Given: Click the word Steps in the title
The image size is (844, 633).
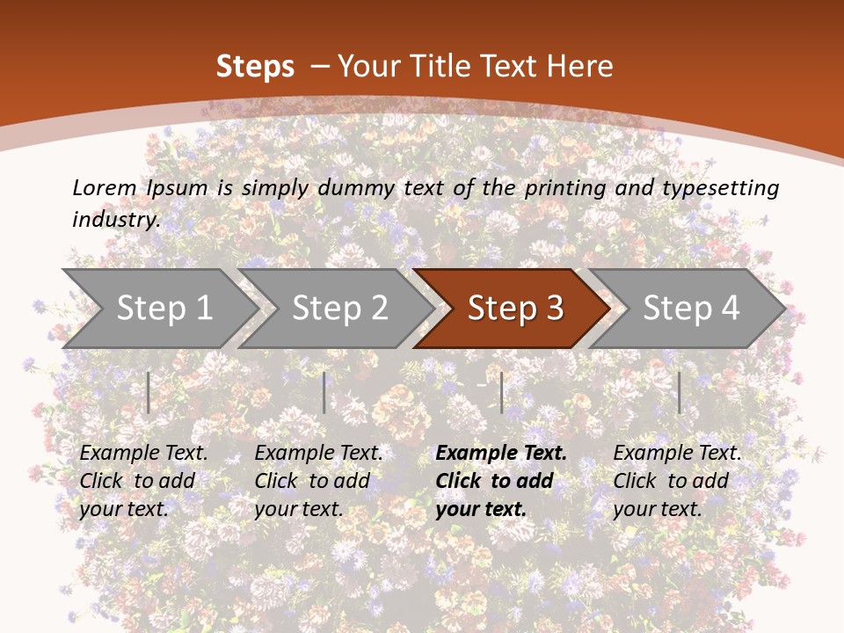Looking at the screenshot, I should (255, 66).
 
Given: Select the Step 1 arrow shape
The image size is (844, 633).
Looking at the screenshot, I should (158, 308).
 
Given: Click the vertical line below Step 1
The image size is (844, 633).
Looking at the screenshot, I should (149, 392).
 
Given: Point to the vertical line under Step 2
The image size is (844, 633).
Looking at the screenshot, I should (324, 392).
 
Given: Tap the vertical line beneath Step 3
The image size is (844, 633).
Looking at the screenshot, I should (501, 392).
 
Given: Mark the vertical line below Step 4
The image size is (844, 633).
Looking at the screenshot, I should (679, 392).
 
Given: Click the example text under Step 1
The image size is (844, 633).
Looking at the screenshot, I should (143, 481).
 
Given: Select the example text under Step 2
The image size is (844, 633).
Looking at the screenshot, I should (318, 481).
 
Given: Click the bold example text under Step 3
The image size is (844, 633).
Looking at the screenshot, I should (500, 481).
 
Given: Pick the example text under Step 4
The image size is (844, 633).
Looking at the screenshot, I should (676, 481).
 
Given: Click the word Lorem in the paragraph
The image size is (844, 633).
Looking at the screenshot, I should (105, 187).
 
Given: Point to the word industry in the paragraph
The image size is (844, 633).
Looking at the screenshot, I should (116, 219).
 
